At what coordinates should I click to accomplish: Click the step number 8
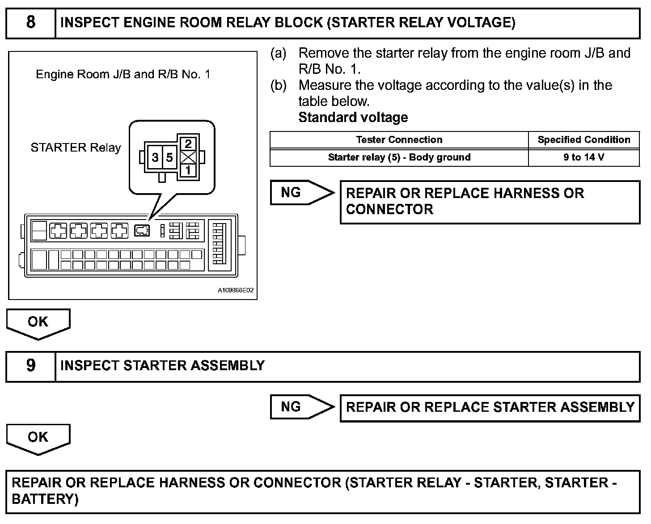30,22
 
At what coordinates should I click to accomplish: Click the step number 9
30,366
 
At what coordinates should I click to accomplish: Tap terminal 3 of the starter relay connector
155,157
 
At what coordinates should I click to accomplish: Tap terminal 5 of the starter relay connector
169,157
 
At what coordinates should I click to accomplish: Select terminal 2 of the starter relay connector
188,144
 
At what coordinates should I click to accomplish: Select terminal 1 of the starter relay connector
188,170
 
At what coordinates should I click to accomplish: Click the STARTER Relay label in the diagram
76,148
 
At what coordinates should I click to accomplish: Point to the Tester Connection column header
399,140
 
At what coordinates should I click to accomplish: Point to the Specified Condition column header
583,140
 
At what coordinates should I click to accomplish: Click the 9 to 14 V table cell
583,157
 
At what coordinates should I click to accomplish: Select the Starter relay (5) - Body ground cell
399,157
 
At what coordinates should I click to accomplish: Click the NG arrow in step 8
301,193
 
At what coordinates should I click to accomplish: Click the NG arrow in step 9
301,407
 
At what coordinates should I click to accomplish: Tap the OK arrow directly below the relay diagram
38,322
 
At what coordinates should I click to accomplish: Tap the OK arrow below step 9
38,438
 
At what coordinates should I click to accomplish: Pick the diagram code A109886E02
236,291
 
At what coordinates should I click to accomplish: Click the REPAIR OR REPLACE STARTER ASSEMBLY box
490,407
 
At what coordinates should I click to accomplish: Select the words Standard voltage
353,118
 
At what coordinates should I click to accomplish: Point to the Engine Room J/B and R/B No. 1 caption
123,74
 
